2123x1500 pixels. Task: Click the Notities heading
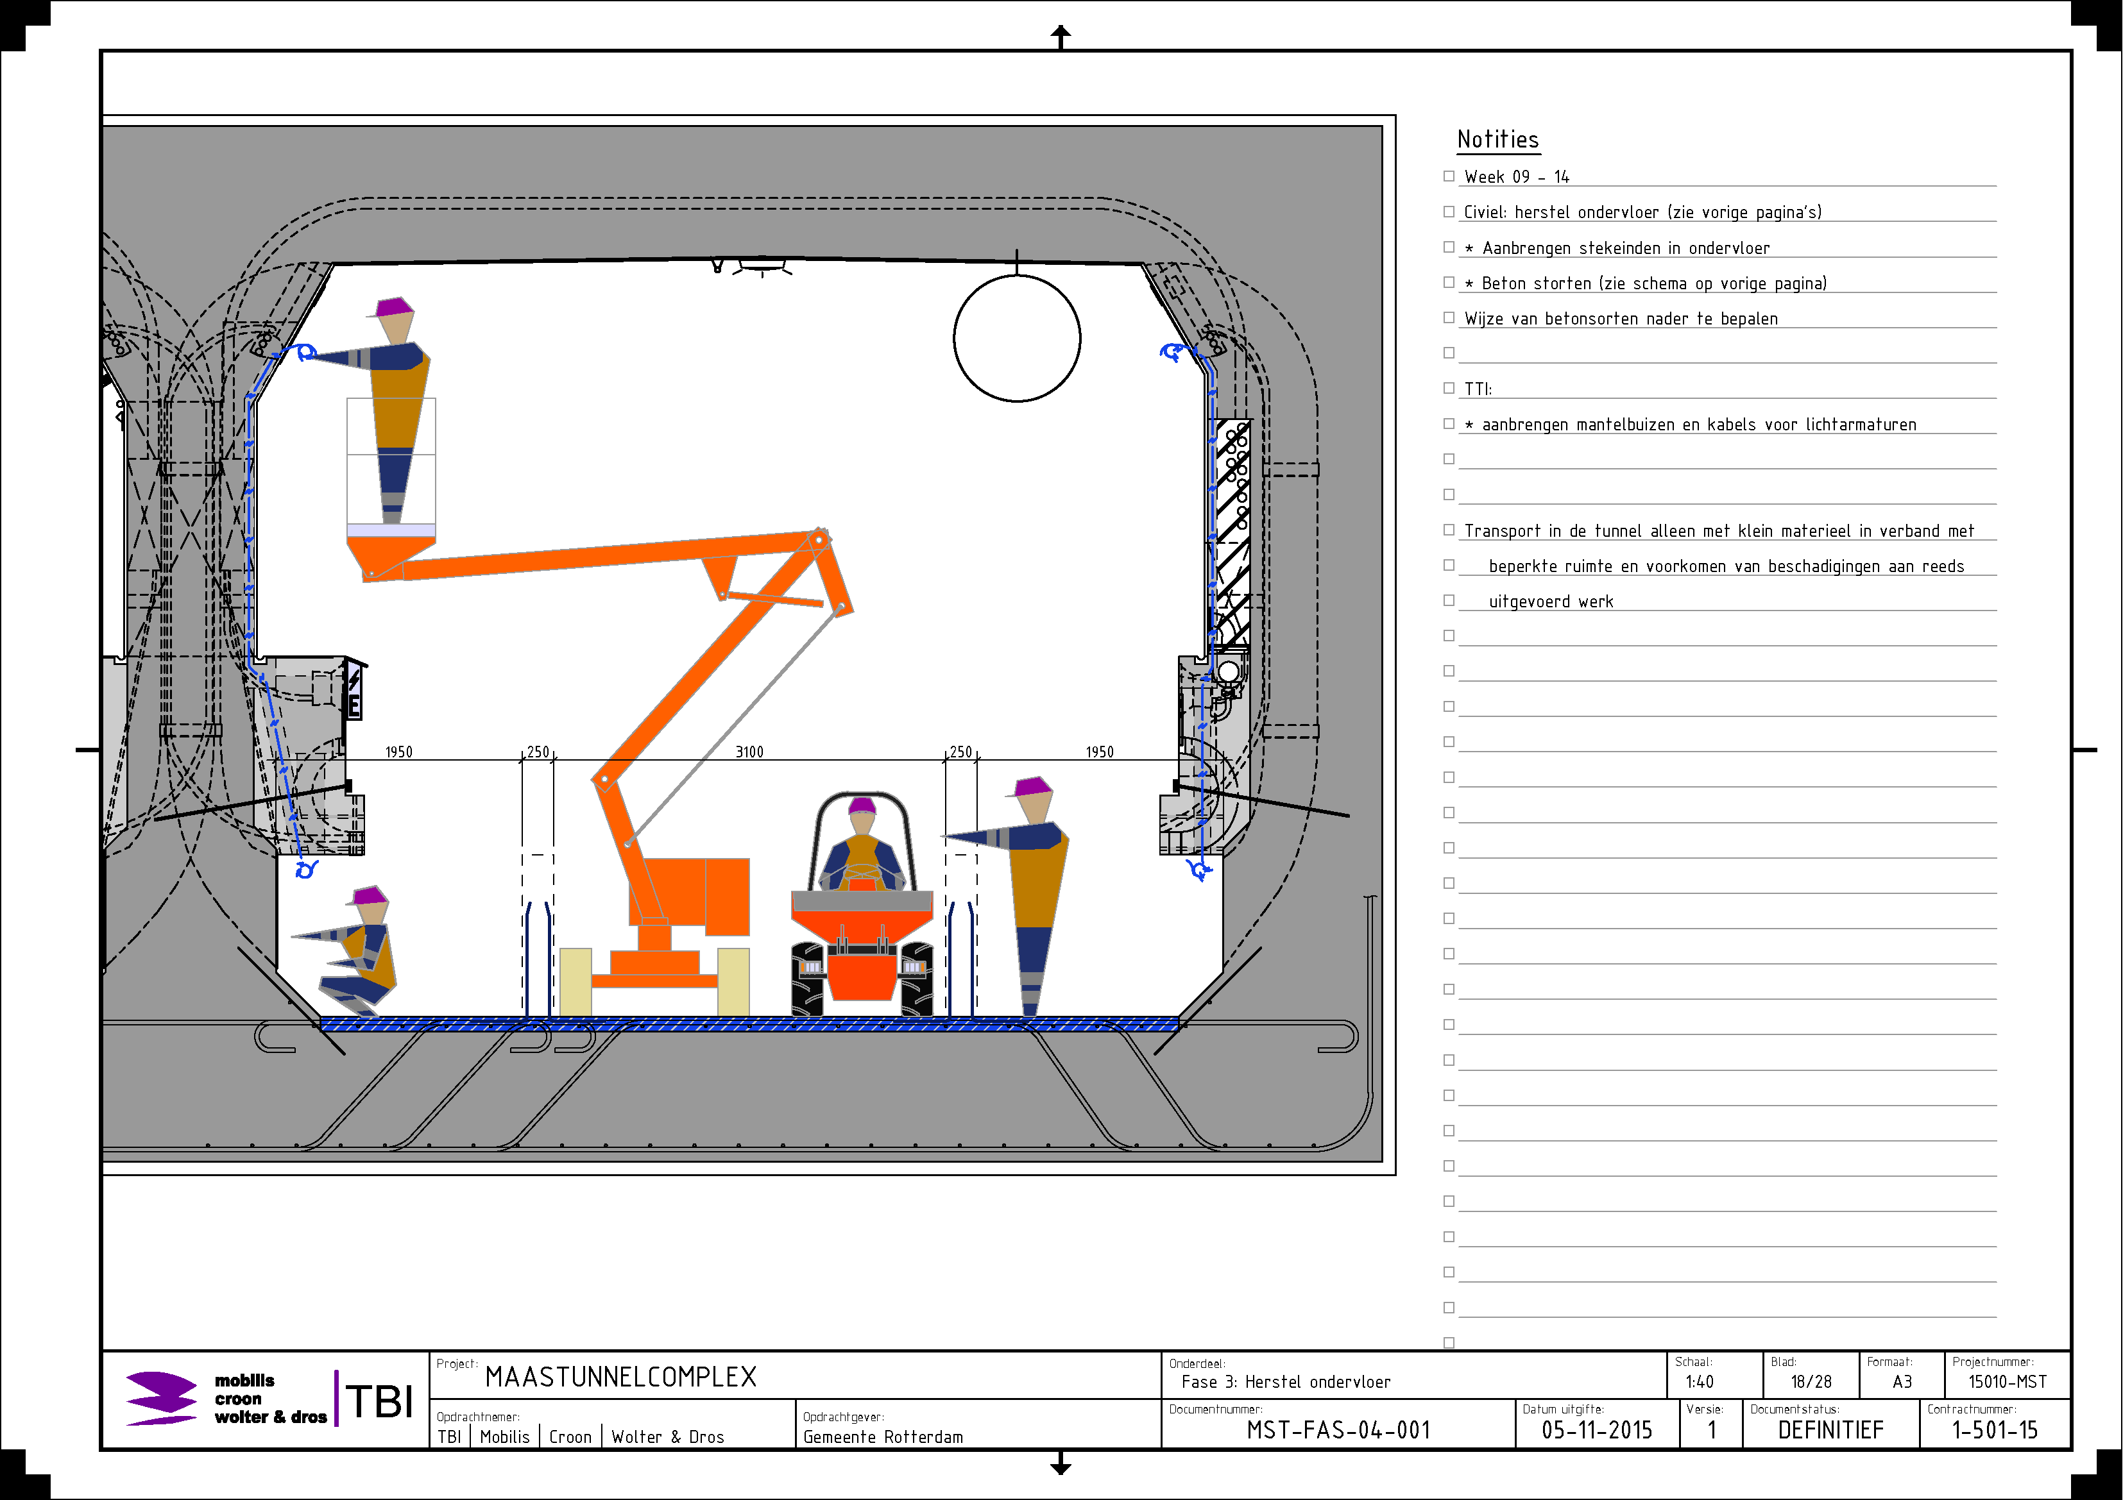[1498, 140]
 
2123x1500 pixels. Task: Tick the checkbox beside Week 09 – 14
[1449, 176]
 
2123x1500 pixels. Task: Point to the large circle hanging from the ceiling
[1017, 338]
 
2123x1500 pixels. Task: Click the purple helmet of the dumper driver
[862, 805]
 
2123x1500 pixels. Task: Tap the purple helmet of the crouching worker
[369, 895]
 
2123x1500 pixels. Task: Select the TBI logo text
[380, 1401]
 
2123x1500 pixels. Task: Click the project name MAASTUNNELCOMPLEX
[620, 1377]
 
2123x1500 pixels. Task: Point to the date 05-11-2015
[1597, 1429]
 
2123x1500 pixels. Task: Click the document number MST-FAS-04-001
[1338, 1429]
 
